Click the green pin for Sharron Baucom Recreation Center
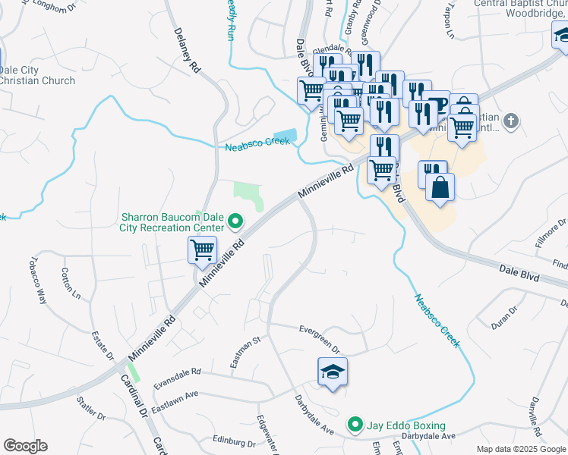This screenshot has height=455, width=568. click(x=235, y=222)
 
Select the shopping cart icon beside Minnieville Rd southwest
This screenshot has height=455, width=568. click(x=202, y=249)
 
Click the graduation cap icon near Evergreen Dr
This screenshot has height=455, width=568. click(x=332, y=372)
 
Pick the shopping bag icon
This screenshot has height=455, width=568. click(x=440, y=186)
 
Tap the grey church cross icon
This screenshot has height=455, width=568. click(x=511, y=120)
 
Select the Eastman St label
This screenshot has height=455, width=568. click(x=246, y=351)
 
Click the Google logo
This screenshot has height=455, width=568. click(x=25, y=446)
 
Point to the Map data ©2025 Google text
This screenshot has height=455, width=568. click(x=520, y=449)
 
